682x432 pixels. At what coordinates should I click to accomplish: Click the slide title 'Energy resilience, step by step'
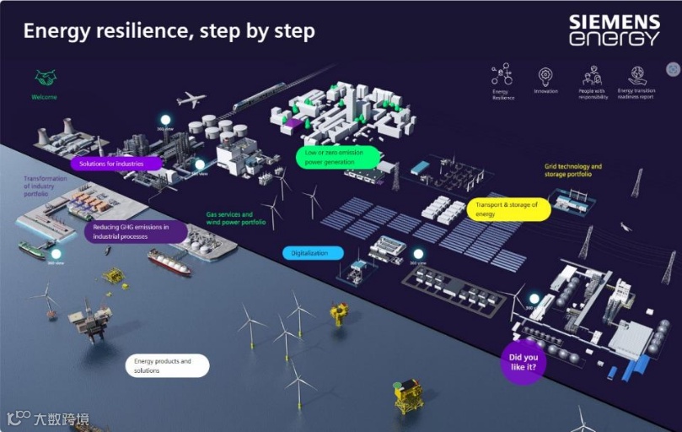pos(169,31)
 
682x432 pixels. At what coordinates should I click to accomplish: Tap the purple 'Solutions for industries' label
pos(116,163)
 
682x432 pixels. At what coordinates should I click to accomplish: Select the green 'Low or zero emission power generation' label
pos(337,157)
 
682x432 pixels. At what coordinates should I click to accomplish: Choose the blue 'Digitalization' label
pos(313,252)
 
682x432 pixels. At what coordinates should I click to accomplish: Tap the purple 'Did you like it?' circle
pos(524,362)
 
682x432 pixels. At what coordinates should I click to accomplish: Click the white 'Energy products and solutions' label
pos(167,365)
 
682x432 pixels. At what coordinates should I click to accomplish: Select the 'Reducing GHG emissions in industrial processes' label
pos(124,232)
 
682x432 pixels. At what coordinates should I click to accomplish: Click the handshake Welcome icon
pos(45,78)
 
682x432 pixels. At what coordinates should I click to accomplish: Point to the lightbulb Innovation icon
pos(545,75)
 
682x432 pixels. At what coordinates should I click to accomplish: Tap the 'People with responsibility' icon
pos(593,75)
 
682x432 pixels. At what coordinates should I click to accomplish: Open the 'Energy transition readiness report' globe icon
pos(637,75)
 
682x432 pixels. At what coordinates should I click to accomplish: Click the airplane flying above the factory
pos(191,100)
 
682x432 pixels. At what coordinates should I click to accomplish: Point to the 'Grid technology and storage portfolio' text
pos(573,171)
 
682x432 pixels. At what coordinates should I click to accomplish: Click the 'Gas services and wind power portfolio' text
pos(236,219)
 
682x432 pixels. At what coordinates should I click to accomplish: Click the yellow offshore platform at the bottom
pos(408,395)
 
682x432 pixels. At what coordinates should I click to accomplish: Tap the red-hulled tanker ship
pos(169,263)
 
